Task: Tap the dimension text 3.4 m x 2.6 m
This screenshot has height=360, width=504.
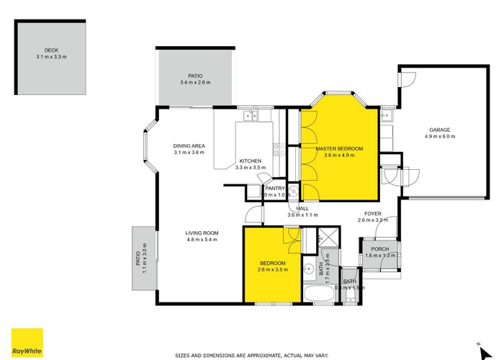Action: pyautogui.click(x=196, y=83)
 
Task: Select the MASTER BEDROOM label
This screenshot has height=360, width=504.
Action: pyautogui.click(x=339, y=148)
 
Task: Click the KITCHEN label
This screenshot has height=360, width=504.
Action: pyautogui.click(x=251, y=161)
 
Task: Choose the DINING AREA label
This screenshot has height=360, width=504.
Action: pyautogui.click(x=189, y=146)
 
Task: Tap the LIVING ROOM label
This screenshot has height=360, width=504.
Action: pyautogui.click(x=202, y=233)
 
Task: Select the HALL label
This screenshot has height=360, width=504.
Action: pyautogui.click(x=302, y=208)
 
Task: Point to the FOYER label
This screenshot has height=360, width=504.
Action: pyautogui.click(x=373, y=213)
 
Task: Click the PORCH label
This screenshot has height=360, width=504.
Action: pyautogui.click(x=380, y=249)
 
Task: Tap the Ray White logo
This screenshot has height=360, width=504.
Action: pyautogui.click(x=27, y=342)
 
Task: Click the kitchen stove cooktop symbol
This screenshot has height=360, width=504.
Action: pyautogui.click(x=276, y=149)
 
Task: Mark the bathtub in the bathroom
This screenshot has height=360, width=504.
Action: pyautogui.click(x=316, y=294)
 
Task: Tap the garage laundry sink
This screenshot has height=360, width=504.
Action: pyautogui.click(x=387, y=114)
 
